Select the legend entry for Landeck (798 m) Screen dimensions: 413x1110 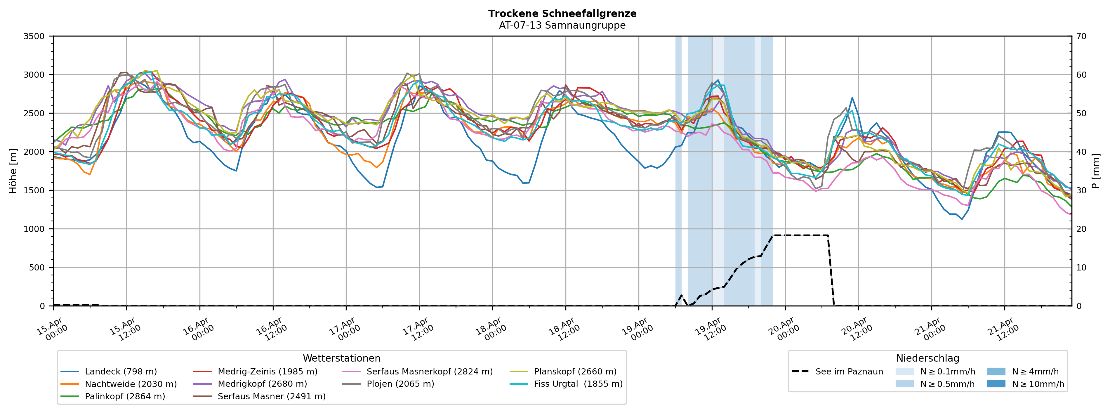tap(121, 372)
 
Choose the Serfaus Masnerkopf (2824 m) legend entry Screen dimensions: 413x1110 tap(429, 372)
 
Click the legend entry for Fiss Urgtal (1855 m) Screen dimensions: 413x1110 tap(578, 384)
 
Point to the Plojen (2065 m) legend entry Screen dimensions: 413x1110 tap(400, 384)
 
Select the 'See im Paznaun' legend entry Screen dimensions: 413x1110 tap(849, 372)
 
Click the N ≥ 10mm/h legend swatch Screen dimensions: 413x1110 tap(996, 384)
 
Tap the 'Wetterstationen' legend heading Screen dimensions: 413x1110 tap(342, 359)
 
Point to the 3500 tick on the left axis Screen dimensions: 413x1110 tap(34, 36)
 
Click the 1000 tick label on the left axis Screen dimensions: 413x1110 tap(34, 229)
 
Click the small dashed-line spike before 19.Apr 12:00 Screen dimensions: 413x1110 tap(681, 296)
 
